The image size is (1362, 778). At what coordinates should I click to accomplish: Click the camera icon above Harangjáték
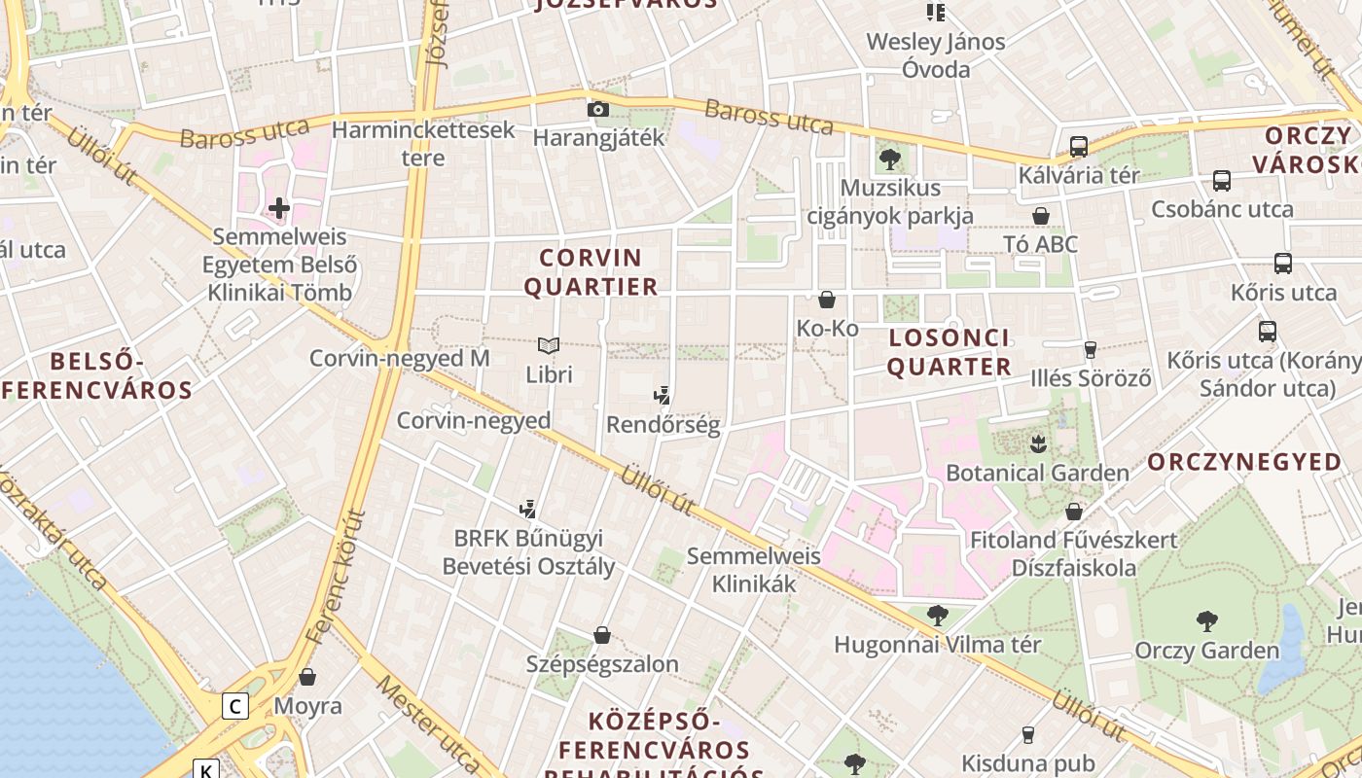[x=598, y=109]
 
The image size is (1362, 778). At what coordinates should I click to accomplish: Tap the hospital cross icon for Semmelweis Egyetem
[x=279, y=207]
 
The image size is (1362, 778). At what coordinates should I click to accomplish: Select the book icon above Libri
[x=549, y=345]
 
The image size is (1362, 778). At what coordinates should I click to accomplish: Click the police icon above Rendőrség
[x=663, y=395]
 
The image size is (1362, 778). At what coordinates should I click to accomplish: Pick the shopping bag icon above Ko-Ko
[x=827, y=300]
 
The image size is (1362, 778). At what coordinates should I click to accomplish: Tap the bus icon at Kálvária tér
[x=1078, y=147]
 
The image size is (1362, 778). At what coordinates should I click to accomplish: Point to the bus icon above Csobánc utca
[x=1221, y=180]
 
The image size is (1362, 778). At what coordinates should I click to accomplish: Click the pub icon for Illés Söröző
[x=1090, y=349]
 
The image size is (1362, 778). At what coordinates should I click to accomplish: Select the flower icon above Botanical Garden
[x=1037, y=443]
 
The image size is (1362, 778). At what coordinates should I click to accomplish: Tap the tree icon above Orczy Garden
[x=1206, y=620]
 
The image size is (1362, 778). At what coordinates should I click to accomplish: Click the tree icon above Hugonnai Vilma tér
[x=937, y=615]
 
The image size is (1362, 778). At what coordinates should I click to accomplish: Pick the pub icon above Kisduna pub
[x=1027, y=734]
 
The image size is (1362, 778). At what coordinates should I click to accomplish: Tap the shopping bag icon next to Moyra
[x=307, y=676]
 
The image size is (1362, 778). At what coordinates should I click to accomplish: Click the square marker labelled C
[x=234, y=705]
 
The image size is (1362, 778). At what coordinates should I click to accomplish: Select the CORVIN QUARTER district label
[x=591, y=272]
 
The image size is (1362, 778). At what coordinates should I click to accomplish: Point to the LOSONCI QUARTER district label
[x=949, y=352]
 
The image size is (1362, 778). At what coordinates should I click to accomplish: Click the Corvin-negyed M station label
[x=399, y=358]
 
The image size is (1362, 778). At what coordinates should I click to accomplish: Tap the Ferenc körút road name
[x=336, y=579]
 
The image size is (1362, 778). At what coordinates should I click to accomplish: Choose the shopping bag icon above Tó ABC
[x=1041, y=215]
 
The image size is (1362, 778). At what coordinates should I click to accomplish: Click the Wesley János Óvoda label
[x=936, y=55]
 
